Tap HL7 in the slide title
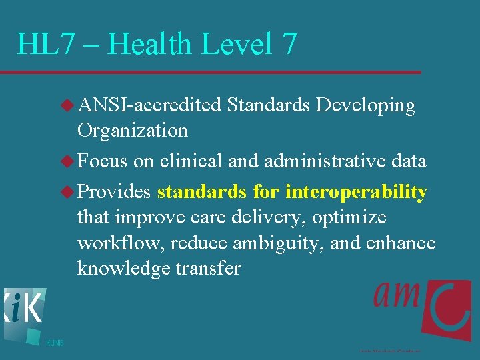[45, 44]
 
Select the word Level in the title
[241, 44]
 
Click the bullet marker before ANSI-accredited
[68, 105]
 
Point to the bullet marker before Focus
[68, 161]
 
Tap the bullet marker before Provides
[68, 192]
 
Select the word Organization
[132, 131]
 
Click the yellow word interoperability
[356, 193]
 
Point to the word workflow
[121, 243]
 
